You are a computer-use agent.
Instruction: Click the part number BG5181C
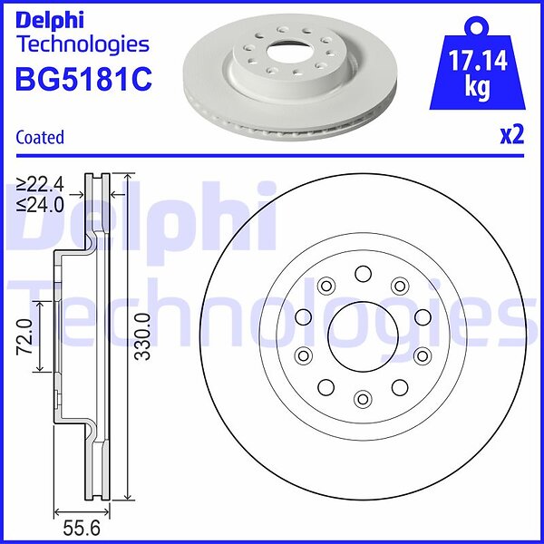(83, 80)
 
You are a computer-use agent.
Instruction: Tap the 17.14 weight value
(478, 61)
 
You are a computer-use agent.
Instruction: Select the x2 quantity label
(511, 136)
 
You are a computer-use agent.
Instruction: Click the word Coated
(40, 138)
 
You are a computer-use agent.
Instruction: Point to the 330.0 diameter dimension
(142, 336)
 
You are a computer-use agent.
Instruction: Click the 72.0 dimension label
(25, 336)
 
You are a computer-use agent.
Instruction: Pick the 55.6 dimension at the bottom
(82, 529)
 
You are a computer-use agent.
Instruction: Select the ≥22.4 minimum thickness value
(41, 185)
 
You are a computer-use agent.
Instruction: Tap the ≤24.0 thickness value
(41, 206)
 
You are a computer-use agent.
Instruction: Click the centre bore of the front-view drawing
(363, 336)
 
